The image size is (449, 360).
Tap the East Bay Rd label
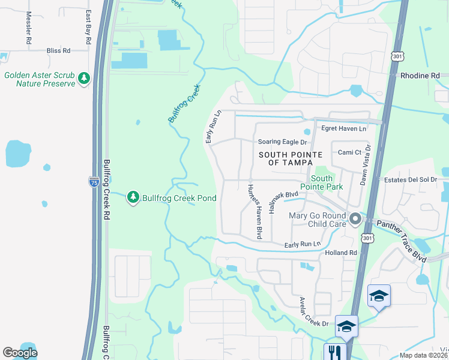coord(88,27)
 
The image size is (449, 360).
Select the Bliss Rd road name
coord(58,51)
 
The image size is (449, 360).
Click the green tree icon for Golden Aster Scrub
coord(84,79)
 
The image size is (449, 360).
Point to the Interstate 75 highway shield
coord(94,182)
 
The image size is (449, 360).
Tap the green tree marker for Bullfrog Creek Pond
coord(133,197)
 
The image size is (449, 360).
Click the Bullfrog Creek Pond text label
coord(178,197)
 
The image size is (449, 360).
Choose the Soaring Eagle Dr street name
coord(282,142)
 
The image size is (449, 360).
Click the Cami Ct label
coord(349,152)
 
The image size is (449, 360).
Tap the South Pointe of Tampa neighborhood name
coord(285,159)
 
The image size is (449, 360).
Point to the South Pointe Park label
coord(326,182)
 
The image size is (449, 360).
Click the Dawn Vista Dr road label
coord(364,165)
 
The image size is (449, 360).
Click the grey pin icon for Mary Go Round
coord(355,219)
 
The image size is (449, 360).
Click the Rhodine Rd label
coord(420,76)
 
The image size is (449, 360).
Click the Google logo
coord(20,353)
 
